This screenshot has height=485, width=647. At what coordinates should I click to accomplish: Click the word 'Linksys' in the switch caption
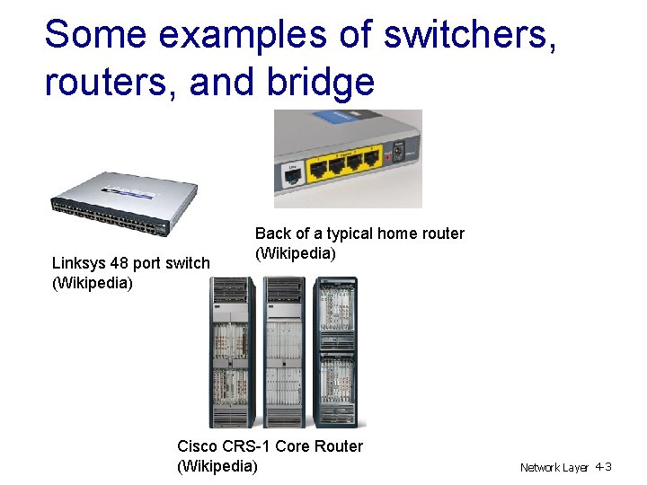[x=78, y=263]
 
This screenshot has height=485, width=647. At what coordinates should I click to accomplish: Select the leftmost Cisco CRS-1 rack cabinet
[x=233, y=352]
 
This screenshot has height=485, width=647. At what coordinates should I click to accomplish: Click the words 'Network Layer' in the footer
[x=554, y=468]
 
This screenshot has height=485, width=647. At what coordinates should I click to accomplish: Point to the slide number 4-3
[x=603, y=467]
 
